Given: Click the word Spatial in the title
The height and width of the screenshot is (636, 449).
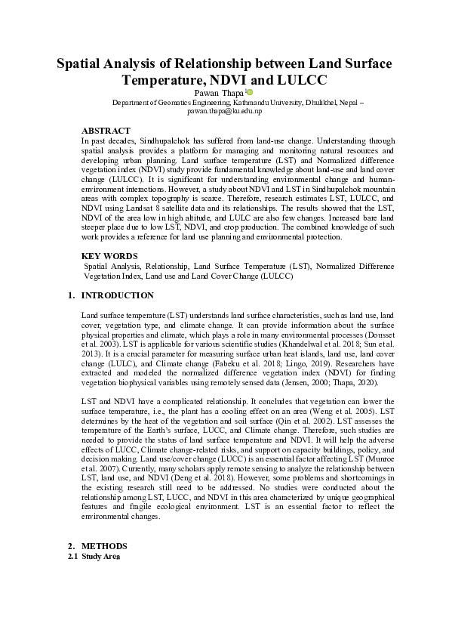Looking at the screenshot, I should coord(82,63).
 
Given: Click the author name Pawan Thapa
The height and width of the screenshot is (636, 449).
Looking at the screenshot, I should coord(218,92).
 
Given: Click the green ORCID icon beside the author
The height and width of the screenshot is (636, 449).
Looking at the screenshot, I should coord(250,91).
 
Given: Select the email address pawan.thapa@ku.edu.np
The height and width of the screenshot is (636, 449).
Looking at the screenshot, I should coord(224,110).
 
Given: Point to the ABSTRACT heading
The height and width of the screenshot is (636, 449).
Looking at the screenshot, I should coord(106,131).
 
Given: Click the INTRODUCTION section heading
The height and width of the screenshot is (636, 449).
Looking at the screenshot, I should coord(117,295).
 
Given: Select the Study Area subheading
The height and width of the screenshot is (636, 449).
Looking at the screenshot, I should coord(101,557).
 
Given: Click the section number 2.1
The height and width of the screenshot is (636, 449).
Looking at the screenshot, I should coord(74,557).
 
